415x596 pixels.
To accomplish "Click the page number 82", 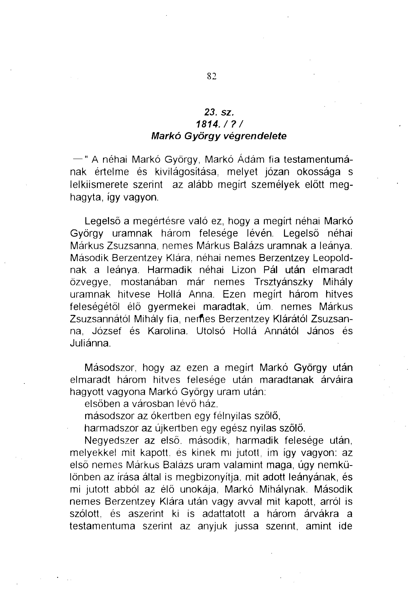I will tap(212, 76).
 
